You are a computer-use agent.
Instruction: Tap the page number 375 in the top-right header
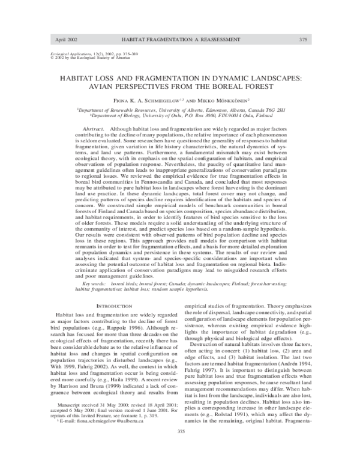(303, 39)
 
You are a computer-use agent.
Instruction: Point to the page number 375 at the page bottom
(181, 447)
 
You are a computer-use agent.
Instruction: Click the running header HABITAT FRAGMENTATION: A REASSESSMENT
(181, 39)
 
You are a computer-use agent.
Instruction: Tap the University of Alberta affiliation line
(181, 111)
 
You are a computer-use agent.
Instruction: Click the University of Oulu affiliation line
(181, 117)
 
